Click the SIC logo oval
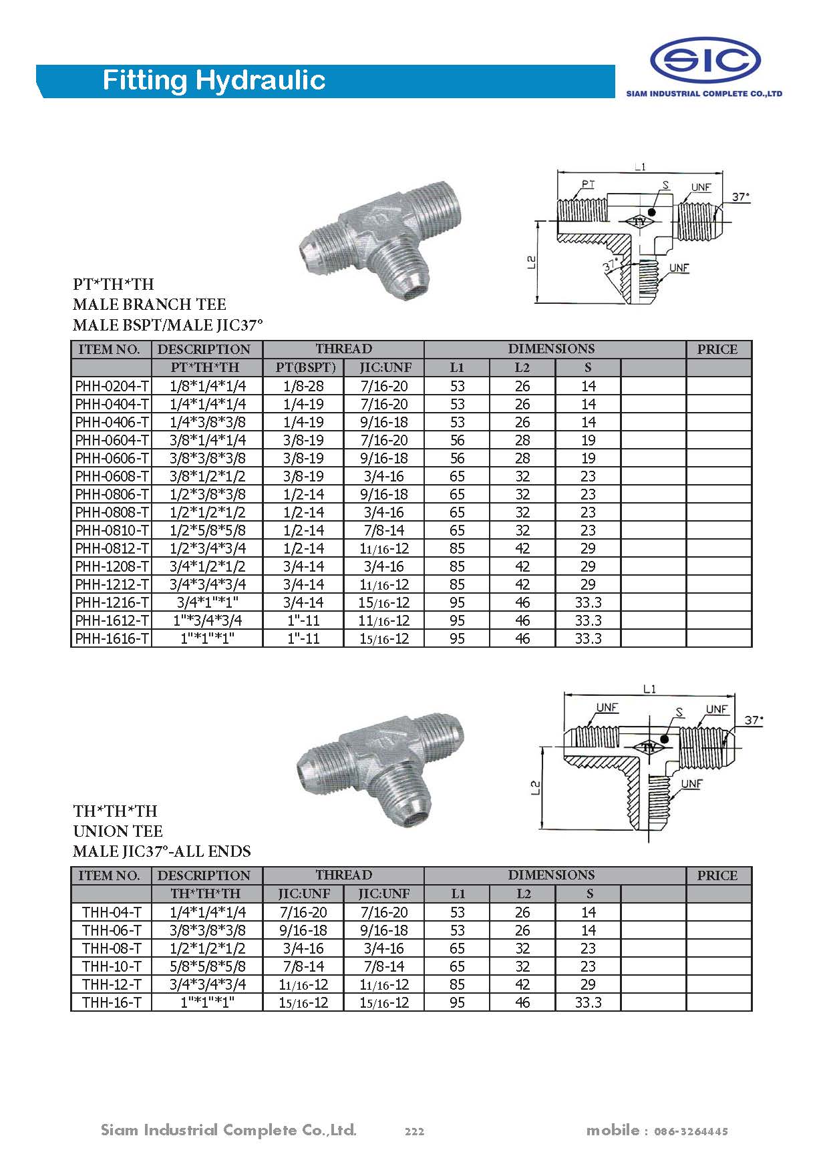705,61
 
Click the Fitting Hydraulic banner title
214,81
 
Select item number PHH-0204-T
112,386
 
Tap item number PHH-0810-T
112,530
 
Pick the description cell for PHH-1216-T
207,602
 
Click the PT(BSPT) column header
303,367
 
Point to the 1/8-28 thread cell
303,386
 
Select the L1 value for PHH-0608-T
457,476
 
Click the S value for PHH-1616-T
588,638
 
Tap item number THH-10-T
112,966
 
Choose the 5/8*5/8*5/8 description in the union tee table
207,966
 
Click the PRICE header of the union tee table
717,875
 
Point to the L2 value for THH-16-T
522,1002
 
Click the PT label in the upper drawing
588,184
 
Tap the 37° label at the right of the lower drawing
754,721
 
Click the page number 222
414,1131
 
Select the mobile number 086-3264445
691,1131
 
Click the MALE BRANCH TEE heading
150,305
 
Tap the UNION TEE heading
118,831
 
